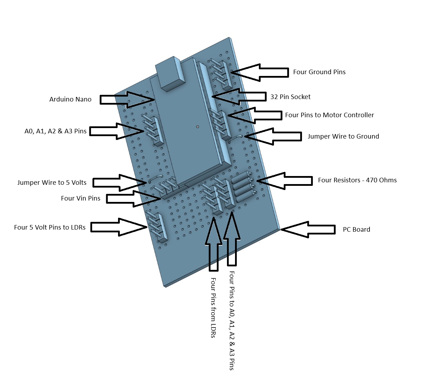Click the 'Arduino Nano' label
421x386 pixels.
point(70,99)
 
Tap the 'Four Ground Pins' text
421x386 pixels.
point(319,72)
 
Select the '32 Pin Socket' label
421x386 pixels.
point(290,97)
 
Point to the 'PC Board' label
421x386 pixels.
point(356,230)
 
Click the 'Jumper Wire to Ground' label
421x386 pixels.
point(343,136)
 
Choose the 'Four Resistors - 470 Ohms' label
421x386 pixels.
point(357,180)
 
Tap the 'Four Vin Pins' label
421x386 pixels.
point(81,198)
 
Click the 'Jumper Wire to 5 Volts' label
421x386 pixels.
point(52,183)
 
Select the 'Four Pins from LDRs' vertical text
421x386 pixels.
point(213,308)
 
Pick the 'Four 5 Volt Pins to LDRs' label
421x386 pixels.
point(50,227)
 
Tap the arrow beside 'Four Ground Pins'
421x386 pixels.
point(259,72)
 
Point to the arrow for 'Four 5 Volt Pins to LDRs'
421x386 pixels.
point(119,227)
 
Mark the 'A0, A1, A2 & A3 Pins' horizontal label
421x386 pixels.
point(55,132)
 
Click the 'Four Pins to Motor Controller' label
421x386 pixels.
point(329,115)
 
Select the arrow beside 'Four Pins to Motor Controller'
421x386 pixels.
point(255,115)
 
